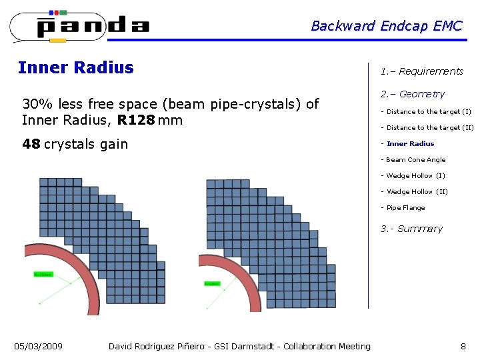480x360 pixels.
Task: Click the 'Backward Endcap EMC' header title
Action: (386, 26)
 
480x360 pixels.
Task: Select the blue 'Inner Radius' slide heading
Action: (75, 67)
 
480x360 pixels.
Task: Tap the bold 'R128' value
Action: (136, 120)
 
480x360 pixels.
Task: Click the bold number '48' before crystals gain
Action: (31, 144)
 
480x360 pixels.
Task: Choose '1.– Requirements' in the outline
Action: (421, 71)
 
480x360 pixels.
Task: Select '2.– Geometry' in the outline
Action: (412, 94)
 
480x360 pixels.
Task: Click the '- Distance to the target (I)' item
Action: (425, 111)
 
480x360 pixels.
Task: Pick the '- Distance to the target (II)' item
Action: (427, 127)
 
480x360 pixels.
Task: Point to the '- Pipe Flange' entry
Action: (403, 207)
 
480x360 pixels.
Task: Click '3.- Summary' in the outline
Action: (411, 229)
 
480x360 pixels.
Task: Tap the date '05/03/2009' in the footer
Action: (39, 346)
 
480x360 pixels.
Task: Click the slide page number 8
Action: (463, 346)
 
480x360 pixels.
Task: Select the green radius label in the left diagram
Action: (43, 274)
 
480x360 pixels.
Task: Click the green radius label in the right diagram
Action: (212, 284)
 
